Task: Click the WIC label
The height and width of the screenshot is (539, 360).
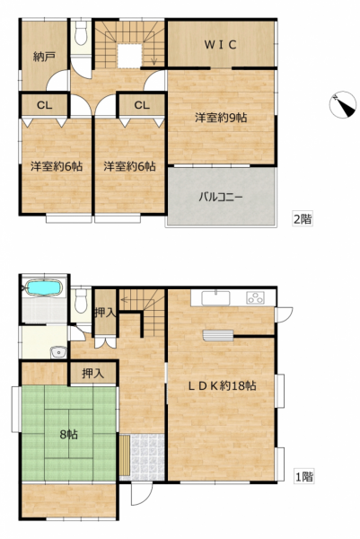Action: [x=220, y=45]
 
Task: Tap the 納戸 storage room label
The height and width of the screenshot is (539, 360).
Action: [x=44, y=57]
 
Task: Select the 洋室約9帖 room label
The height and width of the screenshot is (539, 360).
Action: [x=221, y=118]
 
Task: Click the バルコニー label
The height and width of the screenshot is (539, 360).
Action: [x=221, y=198]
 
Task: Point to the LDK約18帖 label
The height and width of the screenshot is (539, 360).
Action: [x=222, y=385]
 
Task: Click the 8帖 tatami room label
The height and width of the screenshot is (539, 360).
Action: [x=69, y=435]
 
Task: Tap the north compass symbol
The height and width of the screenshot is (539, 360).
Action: [x=342, y=104]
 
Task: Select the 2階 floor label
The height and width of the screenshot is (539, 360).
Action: [x=303, y=219]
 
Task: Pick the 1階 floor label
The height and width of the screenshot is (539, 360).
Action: [x=304, y=477]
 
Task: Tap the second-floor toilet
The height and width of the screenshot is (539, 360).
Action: [x=81, y=32]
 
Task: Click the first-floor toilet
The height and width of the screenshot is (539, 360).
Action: [x=81, y=300]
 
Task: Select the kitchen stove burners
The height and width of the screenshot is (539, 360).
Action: [x=256, y=297]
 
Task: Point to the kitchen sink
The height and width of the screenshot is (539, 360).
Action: [x=215, y=297]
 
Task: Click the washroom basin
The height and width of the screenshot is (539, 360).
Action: [x=59, y=352]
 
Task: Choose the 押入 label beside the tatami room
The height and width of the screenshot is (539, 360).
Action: [x=92, y=374]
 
